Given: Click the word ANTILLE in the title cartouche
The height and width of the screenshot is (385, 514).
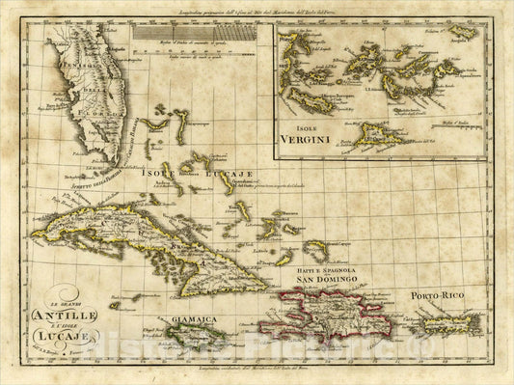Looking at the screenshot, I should click(x=65, y=312).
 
